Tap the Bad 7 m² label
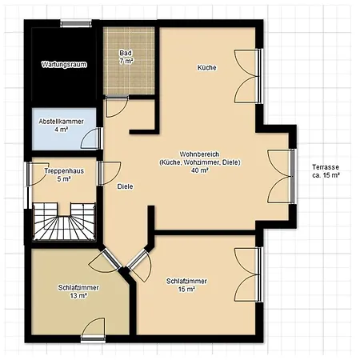126,57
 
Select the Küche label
206,68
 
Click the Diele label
125,186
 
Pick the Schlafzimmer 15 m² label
187,286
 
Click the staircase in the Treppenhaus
63,220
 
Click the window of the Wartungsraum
74,24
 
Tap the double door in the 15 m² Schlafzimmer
248,272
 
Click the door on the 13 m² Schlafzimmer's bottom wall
93,330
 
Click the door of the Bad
116,103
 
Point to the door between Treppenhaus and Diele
106,174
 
